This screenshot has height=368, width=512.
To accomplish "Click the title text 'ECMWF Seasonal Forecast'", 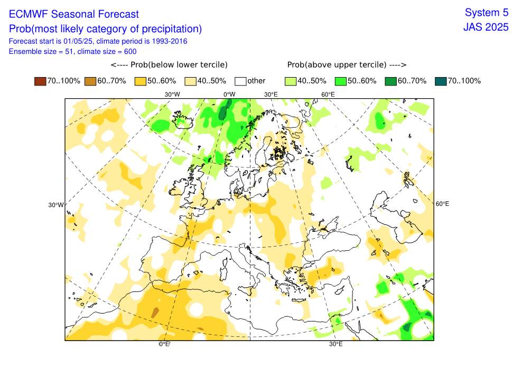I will point(74,14).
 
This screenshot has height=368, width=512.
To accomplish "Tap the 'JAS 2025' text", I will point(486,27).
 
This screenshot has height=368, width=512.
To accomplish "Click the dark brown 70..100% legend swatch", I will point(40,81).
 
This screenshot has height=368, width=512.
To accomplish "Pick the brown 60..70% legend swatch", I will point(90,81).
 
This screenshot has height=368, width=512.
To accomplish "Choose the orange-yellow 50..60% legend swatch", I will point(139,81).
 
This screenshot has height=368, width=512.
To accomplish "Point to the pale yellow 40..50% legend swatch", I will point(190,81).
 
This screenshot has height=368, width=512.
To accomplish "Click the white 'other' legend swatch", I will point(240,81).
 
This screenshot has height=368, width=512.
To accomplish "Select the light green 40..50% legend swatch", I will point(290,81).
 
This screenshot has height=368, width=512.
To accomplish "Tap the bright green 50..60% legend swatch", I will point(340,81).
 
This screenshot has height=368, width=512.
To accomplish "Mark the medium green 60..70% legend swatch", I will point(390,81).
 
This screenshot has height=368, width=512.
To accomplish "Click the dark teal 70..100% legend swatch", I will point(441,81).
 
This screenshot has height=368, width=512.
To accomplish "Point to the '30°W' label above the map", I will point(172,95).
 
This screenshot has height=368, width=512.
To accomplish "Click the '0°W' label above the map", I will point(229,95).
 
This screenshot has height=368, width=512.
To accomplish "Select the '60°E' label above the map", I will point(328,95).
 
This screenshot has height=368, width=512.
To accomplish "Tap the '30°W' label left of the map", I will point(55,205).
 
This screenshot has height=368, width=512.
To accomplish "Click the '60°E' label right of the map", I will point(442,204).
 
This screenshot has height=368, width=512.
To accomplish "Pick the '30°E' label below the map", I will point(336,344).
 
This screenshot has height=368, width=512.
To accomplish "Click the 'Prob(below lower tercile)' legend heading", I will point(169,64).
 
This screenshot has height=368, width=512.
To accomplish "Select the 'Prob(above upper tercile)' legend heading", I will point(346,64).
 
